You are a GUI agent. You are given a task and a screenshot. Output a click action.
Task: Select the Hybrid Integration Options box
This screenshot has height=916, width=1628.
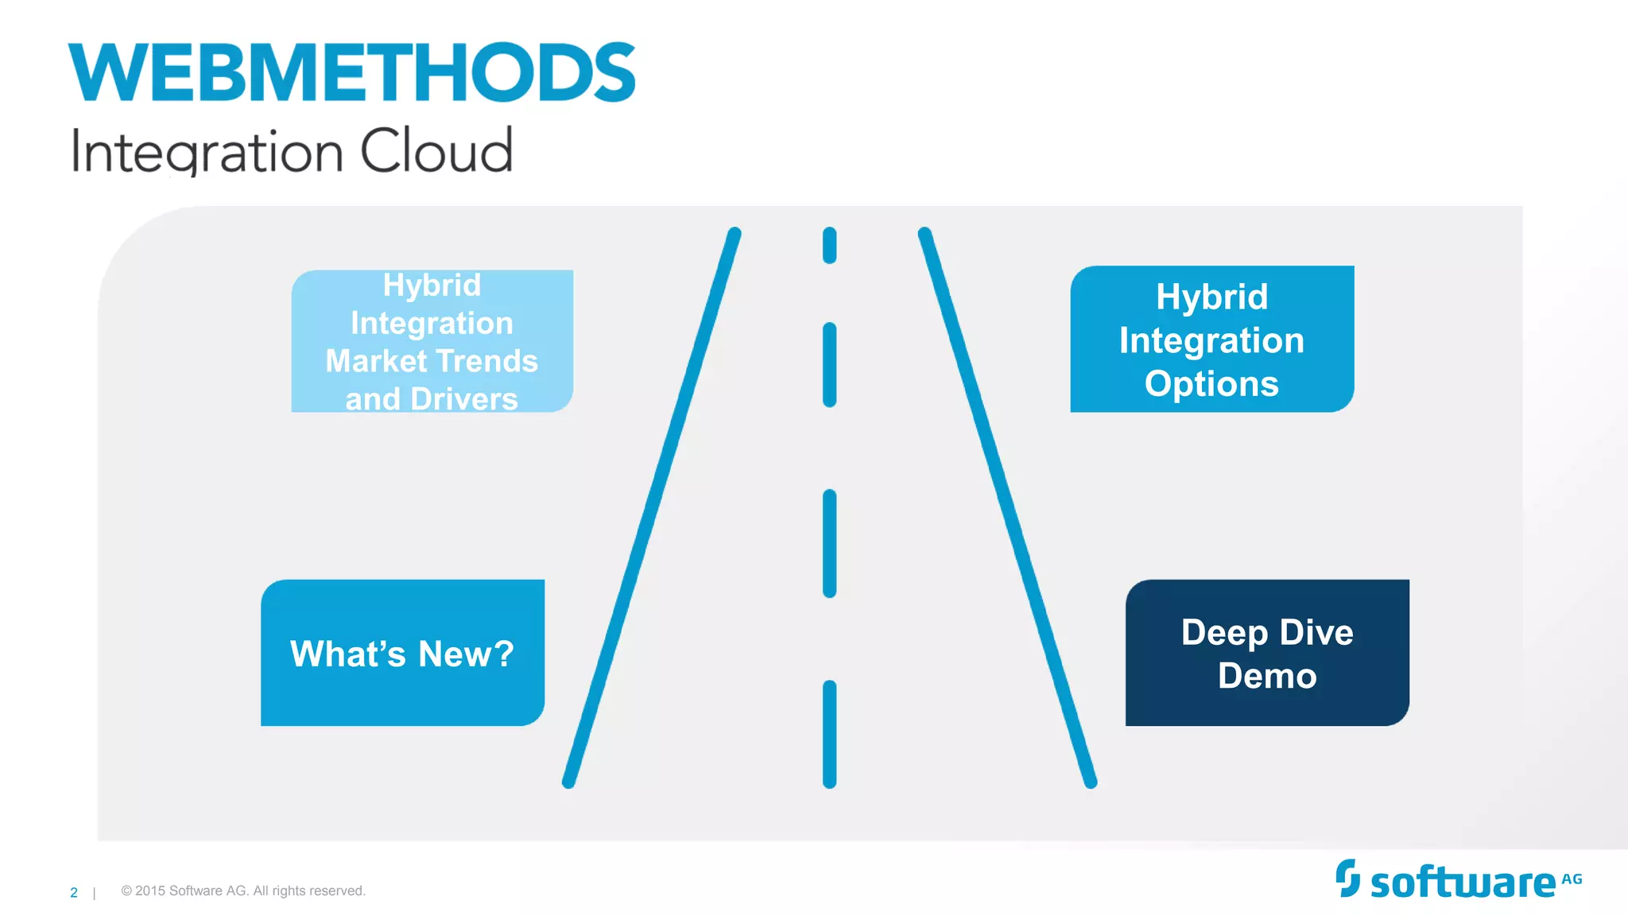1211,340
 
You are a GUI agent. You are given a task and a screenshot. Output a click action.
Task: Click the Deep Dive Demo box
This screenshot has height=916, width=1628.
1267,653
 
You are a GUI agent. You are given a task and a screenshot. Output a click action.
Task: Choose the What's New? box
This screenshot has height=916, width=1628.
402,653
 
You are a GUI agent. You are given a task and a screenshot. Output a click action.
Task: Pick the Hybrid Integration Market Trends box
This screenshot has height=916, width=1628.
432,341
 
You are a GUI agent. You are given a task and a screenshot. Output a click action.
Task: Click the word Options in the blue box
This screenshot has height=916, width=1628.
1211,384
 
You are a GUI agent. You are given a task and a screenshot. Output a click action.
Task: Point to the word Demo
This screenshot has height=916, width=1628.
1267,676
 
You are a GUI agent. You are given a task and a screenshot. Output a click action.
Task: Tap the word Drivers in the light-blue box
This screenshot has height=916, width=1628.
464,399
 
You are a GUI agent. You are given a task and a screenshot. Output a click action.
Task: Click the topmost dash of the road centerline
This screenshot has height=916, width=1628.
829,245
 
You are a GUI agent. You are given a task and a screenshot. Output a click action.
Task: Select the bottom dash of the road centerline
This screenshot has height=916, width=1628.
829,734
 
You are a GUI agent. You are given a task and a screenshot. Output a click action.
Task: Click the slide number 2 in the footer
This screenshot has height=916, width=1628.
74,893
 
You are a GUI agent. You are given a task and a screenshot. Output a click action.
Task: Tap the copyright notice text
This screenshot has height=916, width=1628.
243,891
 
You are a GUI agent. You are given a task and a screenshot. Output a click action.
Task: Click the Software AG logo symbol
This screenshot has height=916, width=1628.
1347,878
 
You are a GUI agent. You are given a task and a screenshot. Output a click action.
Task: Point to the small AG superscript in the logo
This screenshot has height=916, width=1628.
1572,879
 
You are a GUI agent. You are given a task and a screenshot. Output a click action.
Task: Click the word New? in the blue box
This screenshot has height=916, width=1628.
466,654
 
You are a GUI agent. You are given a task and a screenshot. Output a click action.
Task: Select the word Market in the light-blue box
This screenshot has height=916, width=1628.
365,362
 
